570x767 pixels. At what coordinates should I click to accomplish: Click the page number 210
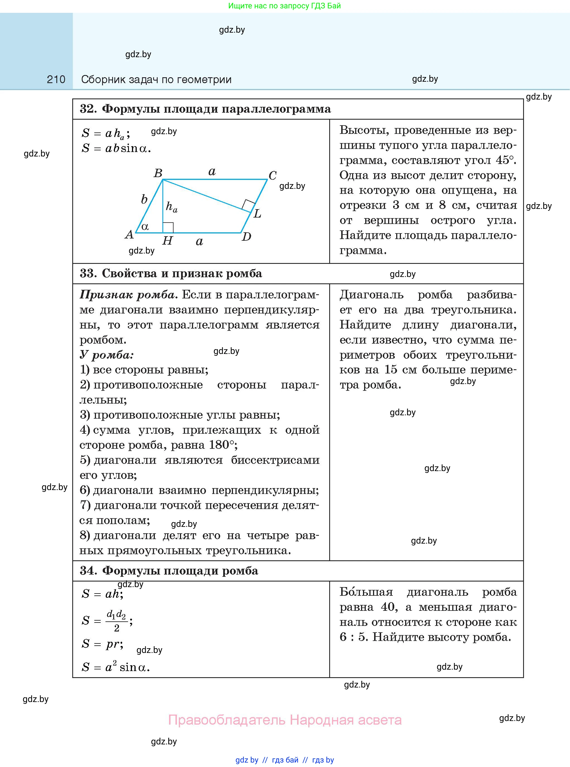[56, 80]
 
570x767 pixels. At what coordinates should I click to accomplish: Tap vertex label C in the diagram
[273, 175]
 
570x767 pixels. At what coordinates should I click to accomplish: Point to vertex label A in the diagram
[129, 235]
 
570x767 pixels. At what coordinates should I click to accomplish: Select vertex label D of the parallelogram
[246, 237]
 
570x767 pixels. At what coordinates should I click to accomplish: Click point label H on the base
[167, 240]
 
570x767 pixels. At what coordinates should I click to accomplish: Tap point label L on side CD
[258, 214]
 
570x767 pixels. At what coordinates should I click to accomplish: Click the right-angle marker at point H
[168, 228]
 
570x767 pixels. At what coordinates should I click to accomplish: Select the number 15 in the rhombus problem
[391, 370]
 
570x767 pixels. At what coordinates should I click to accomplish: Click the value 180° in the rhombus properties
[222, 445]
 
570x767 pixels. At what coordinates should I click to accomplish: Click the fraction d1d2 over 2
[116, 621]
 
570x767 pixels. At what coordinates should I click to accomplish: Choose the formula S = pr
[102, 644]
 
